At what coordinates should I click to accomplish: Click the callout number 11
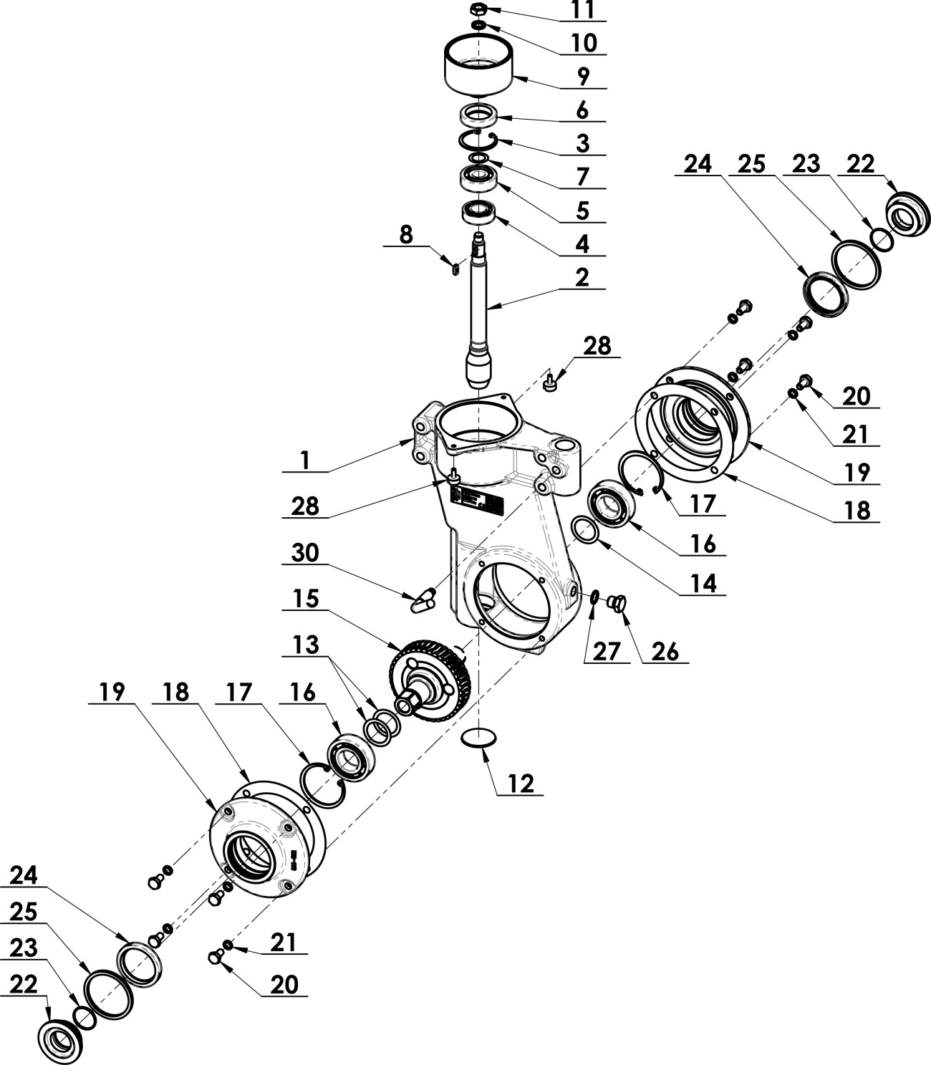click(582, 9)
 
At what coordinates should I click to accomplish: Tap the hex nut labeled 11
click(478, 9)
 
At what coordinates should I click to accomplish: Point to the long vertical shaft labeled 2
click(481, 308)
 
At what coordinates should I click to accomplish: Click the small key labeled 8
click(452, 269)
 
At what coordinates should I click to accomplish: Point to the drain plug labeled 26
click(617, 604)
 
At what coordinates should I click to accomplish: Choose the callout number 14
click(702, 583)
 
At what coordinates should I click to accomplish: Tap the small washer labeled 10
click(478, 26)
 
